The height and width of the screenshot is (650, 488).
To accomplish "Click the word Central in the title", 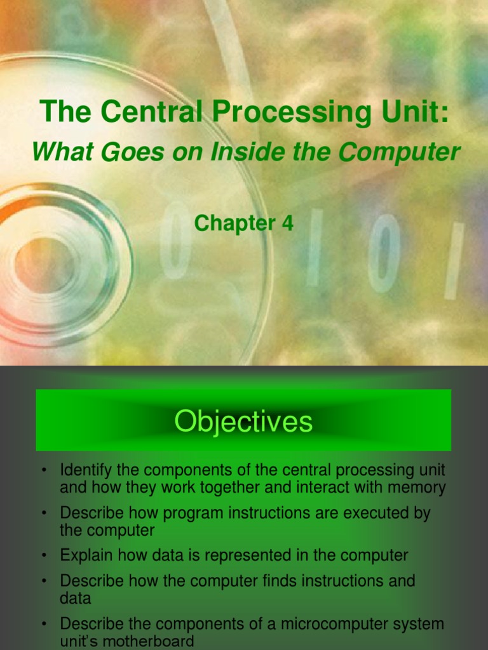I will point(153,113).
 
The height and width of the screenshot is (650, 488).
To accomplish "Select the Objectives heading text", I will point(243,421).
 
